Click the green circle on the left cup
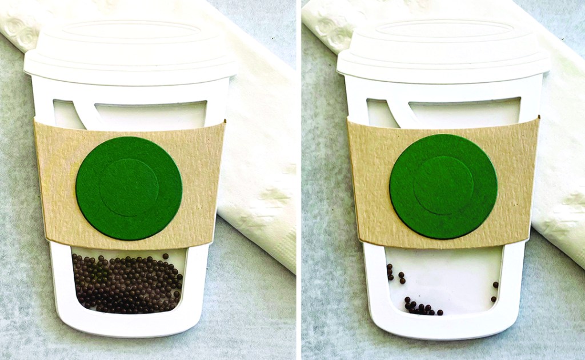tap(129, 188)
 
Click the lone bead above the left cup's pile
tap(165, 257)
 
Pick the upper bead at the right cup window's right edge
tap(495, 285)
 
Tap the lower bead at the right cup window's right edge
tap(493, 298)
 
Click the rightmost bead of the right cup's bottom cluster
tap(440, 313)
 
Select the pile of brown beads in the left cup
tap(127, 283)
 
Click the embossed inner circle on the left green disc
tap(129, 188)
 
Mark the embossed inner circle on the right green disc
tap(443, 185)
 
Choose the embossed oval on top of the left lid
tap(130, 31)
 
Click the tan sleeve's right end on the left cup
tap(211, 177)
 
